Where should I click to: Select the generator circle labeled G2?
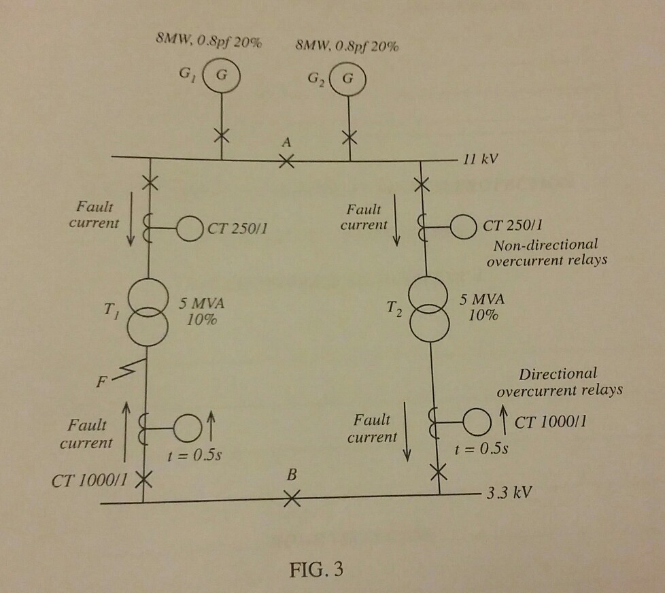click(348, 77)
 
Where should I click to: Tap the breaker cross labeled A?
click(287, 162)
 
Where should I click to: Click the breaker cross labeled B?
click(291, 500)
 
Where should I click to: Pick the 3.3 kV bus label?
click(506, 492)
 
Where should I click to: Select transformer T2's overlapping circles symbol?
click(429, 313)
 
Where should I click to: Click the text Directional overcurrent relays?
click(560, 382)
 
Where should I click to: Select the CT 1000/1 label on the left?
click(89, 481)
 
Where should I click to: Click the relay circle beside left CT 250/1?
click(190, 227)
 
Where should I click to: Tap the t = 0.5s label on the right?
click(483, 449)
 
